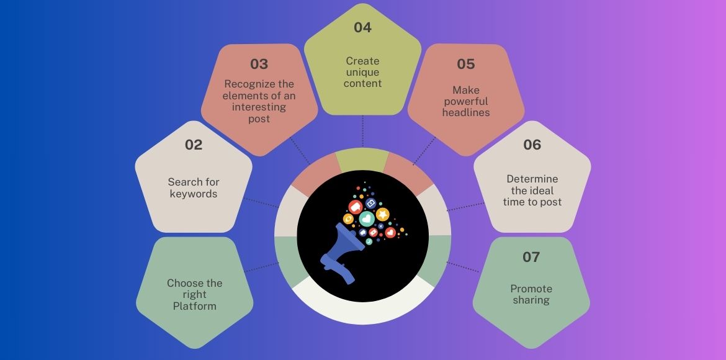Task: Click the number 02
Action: (x=194, y=145)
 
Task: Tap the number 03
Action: (x=259, y=64)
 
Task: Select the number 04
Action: (x=362, y=27)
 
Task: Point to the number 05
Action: (x=466, y=64)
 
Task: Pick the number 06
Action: (x=532, y=145)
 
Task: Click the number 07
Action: (x=531, y=256)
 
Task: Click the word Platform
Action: (x=195, y=306)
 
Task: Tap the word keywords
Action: (x=194, y=194)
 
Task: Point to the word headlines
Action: (x=466, y=112)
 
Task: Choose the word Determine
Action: (x=532, y=179)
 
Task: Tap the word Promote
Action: (x=531, y=289)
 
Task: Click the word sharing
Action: (x=531, y=300)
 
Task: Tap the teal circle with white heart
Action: (x=367, y=218)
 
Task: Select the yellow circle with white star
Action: (x=383, y=214)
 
